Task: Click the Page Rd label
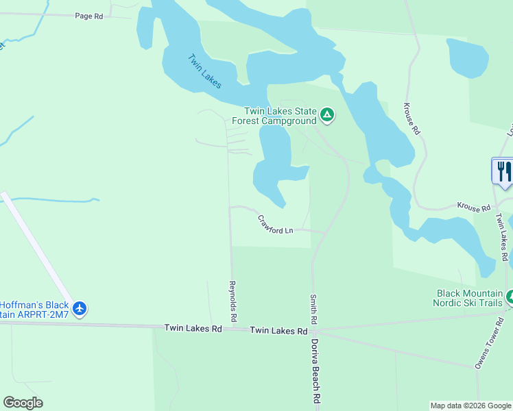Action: pos(88,15)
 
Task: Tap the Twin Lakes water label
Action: pos(205,71)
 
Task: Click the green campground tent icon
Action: pos(327,116)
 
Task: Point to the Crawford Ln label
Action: pos(275,225)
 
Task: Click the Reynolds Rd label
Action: pos(233,301)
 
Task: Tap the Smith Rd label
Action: pos(313,310)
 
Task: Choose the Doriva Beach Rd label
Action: pos(316,370)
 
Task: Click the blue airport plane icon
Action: pos(80,309)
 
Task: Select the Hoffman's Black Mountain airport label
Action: pos(34,309)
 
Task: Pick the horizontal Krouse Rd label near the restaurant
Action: pos(475,207)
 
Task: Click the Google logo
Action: pos(23,403)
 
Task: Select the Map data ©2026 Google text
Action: pos(470,406)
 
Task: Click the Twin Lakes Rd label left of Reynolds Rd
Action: pos(193,329)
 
